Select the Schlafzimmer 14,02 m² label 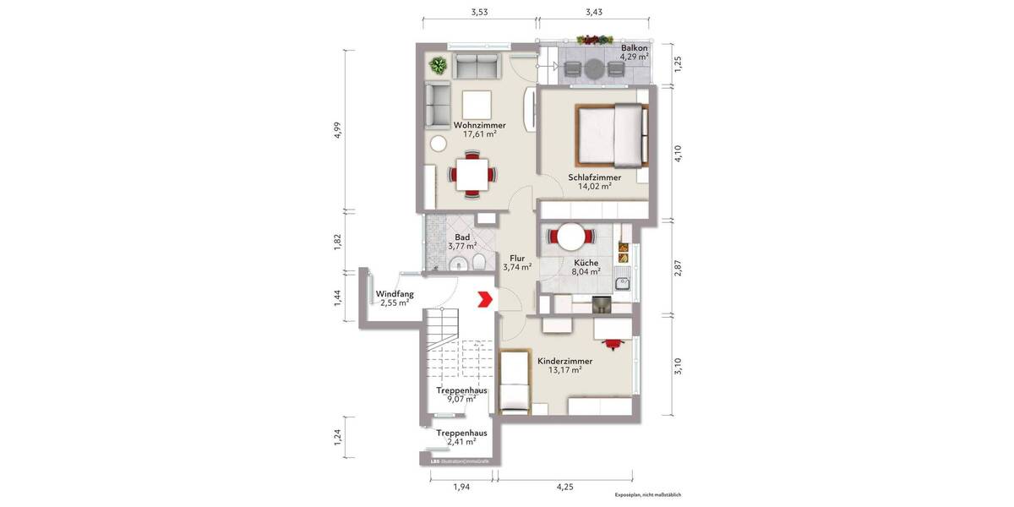click(595, 183)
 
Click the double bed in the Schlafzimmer click(613, 136)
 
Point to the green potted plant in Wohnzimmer click(438, 64)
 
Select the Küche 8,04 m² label click(586, 267)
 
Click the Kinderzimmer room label click(564, 365)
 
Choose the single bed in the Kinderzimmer click(515, 382)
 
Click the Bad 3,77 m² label click(462, 243)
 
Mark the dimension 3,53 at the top click(479, 13)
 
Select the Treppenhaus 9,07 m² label click(461, 395)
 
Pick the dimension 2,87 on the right click(677, 269)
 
